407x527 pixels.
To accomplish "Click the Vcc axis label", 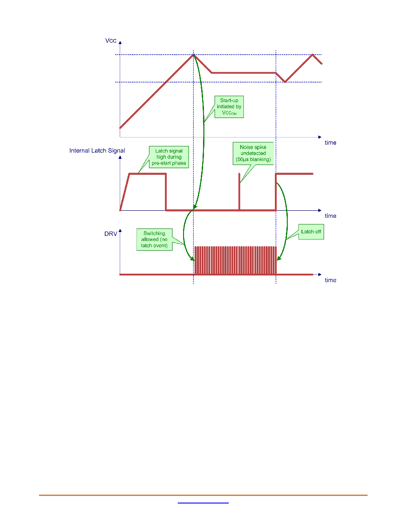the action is [110, 41].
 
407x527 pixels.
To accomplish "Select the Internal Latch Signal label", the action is [97, 150].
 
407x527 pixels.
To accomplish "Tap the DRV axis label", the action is [110, 234].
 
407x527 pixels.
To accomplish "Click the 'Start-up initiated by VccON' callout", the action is [229, 106].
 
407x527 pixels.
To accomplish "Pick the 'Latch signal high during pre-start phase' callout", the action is [168, 157].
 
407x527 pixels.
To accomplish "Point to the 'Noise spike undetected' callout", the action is [253, 153].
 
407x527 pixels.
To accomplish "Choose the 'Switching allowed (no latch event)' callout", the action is [154, 239].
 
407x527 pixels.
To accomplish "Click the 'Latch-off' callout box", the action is [311, 232].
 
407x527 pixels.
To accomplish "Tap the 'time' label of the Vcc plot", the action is [330, 142].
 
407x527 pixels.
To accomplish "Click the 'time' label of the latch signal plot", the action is [330, 216].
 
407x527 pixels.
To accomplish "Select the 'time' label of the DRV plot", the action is [330, 280].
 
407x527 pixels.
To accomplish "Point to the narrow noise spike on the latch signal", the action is [239, 192].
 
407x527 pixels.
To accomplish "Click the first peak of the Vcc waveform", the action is [193, 55].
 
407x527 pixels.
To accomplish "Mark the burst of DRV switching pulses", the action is [235, 260].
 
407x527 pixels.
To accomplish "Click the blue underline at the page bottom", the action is [203, 503].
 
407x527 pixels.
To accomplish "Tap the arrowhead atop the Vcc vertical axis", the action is [120, 43].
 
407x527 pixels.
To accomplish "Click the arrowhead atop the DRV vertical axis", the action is [120, 231].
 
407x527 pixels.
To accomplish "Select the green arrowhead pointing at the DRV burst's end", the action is [278, 259].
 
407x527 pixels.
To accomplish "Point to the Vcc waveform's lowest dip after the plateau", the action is [285, 82].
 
